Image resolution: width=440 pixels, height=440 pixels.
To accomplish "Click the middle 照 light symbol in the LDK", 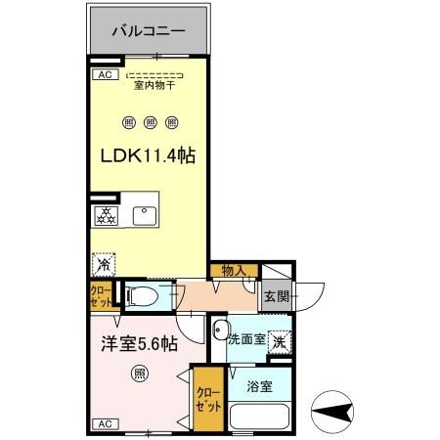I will (x=150, y=122).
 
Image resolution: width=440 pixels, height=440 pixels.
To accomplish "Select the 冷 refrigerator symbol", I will (x=103, y=262).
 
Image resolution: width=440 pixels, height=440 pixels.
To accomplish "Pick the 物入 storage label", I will (x=234, y=271).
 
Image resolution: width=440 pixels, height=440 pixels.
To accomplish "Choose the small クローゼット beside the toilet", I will (x=101, y=295).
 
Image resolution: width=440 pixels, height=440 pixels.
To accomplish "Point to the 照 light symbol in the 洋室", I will (x=140, y=373).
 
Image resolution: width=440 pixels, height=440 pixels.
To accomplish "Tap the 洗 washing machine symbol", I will (x=280, y=342).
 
